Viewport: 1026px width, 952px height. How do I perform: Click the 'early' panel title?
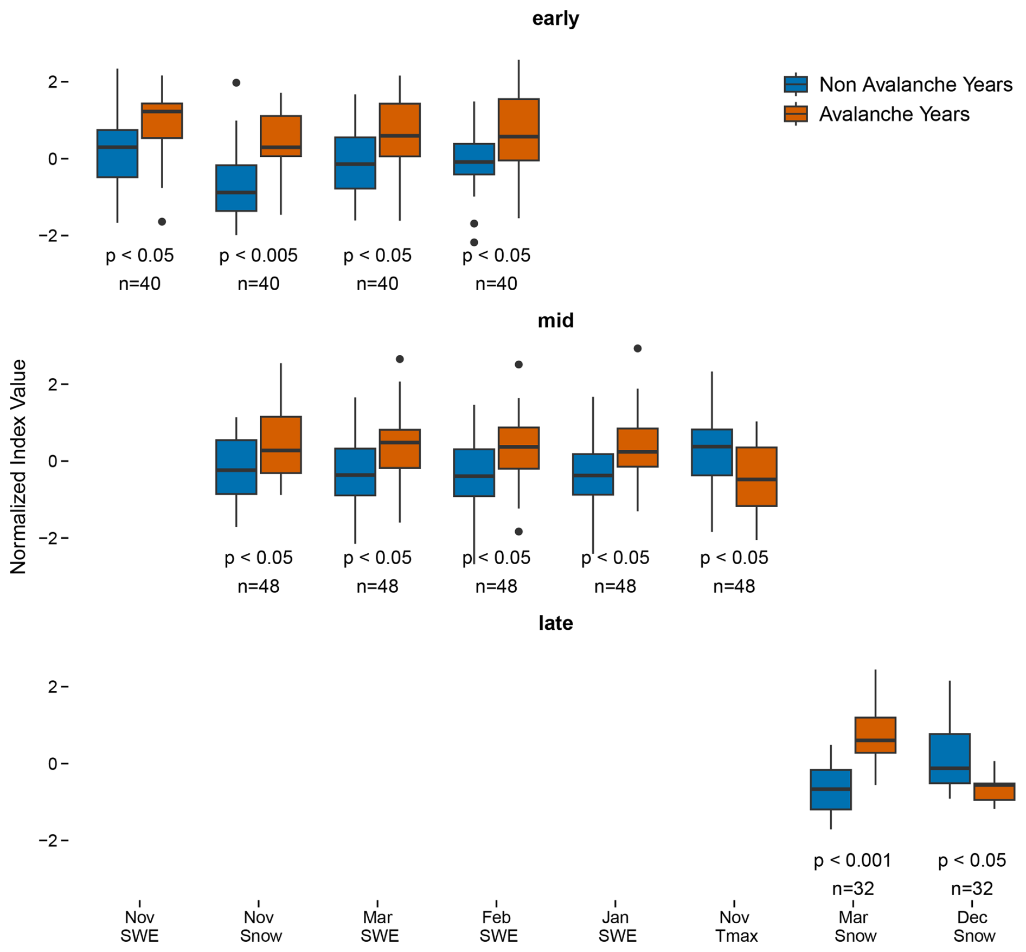tap(555, 18)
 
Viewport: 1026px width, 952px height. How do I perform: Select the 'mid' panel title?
tap(555, 321)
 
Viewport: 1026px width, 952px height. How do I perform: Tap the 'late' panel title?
tap(555, 623)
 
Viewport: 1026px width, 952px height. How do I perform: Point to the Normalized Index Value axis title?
tap(18, 467)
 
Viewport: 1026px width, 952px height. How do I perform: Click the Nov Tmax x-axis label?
tap(734, 926)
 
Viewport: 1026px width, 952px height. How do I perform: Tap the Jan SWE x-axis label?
tap(615, 926)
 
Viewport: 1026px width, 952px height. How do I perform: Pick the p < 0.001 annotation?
tap(852, 860)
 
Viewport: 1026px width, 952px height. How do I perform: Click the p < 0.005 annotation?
tap(258, 255)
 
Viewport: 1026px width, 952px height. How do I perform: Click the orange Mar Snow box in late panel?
tap(875, 735)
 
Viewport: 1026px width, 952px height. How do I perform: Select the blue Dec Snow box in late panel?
tap(950, 758)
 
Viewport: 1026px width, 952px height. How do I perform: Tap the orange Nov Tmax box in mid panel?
tap(756, 477)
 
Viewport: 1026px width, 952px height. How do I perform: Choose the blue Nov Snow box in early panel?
tap(236, 188)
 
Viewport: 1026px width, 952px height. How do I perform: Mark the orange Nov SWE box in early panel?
tap(162, 120)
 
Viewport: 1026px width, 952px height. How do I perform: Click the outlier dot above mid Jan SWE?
tap(638, 348)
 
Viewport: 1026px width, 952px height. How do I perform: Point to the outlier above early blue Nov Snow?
tap(236, 83)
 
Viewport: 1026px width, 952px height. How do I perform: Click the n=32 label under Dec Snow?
tap(972, 889)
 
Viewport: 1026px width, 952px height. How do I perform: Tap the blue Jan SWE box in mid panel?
tap(593, 474)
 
